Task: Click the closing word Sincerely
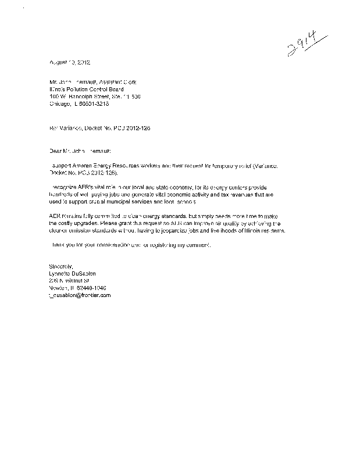click(x=56, y=267)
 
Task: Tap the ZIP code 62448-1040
click(x=92, y=288)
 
